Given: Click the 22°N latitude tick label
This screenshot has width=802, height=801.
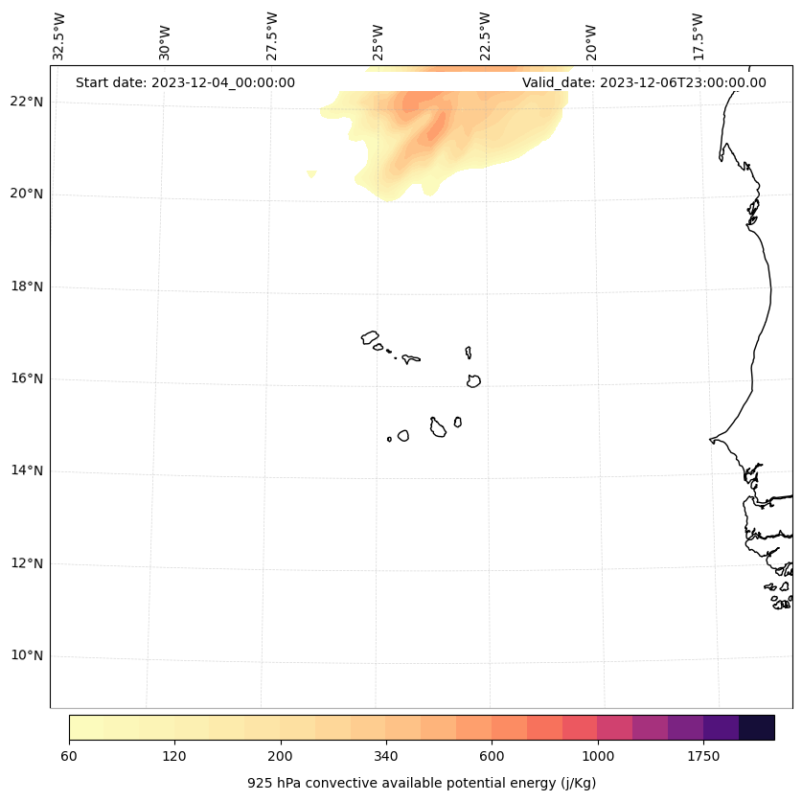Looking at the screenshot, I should tap(27, 102).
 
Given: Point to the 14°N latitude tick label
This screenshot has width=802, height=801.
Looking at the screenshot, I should tap(27, 470).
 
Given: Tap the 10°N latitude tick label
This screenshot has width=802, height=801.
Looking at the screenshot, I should tap(27, 655).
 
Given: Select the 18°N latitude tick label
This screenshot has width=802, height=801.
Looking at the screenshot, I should tap(27, 286).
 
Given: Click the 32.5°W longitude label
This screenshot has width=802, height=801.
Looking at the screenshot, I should tap(59, 35).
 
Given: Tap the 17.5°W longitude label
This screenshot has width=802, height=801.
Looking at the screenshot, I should tap(698, 35).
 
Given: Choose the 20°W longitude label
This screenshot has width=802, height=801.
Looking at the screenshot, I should tap(591, 41).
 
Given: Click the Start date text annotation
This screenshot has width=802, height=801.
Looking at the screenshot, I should tap(185, 82).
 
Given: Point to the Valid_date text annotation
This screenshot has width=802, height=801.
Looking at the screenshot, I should tap(644, 82).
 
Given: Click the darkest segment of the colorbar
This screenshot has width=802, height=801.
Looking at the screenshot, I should tap(757, 727).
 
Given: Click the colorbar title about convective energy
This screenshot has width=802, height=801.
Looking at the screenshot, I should tap(422, 783).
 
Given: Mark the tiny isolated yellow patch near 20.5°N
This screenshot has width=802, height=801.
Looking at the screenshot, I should tap(311, 173).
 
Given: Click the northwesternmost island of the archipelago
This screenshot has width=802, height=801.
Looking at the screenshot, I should tap(370, 337).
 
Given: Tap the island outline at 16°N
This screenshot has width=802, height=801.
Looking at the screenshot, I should tap(473, 380).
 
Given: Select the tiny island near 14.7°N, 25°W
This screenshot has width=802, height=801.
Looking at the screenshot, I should tap(389, 439).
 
